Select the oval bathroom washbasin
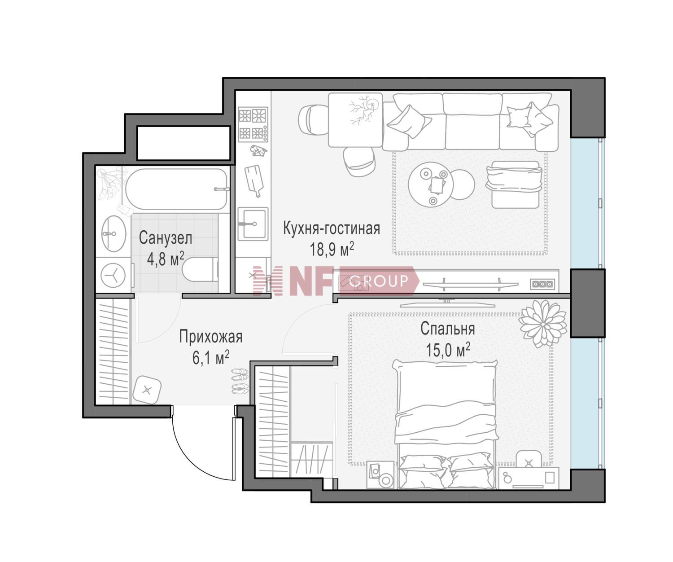click(x=114, y=233)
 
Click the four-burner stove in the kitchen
click(x=253, y=124)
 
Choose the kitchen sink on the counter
click(x=253, y=224)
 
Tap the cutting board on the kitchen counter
click(x=254, y=180)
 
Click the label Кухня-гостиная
click(x=332, y=228)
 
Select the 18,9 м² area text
click(x=332, y=249)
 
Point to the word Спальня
click(x=447, y=329)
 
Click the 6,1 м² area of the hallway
click(x=211, y=358)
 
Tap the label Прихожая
click(x=211, y=337)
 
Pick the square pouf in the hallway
click(x=147, y=390)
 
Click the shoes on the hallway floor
click(x=240, y=381)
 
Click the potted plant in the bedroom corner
click(x=542, y=323)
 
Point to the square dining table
click(x=355, y=120)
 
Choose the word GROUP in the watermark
click(x=379, y=281)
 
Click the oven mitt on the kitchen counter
click(x=258, y=150)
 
